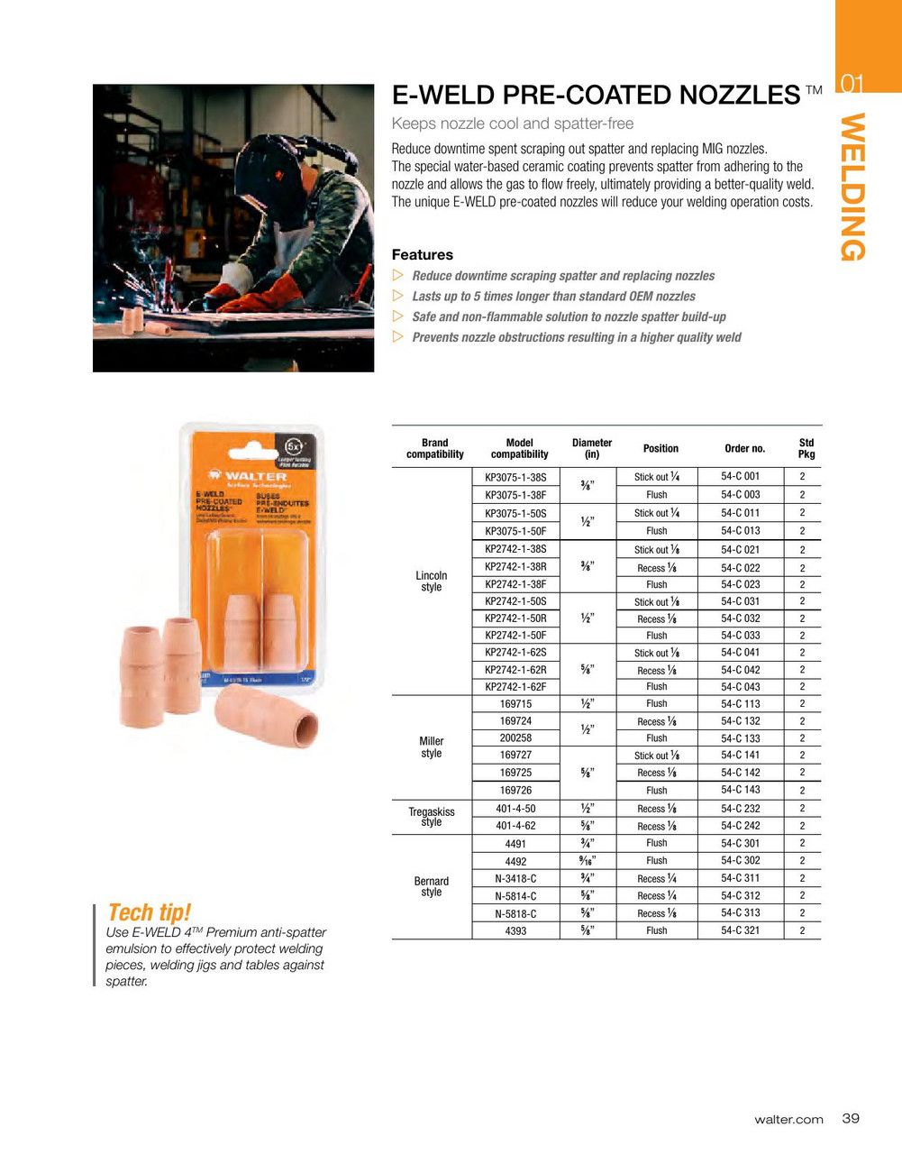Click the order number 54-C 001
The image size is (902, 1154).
pos(740,476)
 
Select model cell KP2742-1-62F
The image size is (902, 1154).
pos(515,686)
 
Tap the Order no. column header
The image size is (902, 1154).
pos(744,448)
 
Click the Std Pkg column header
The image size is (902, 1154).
pos(806,448)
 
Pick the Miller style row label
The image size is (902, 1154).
pos(432,746)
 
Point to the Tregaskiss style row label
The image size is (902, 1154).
pos(432,816)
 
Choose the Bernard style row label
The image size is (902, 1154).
pos(432,886)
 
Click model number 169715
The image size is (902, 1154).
pos(515,703)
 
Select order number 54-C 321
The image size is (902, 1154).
pos(740,930)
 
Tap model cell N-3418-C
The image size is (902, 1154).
pos(515,878)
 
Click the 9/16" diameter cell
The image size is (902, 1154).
pos(588,860)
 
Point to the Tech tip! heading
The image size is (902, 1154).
pos(149,912)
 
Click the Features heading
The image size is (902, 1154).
pos(422,254)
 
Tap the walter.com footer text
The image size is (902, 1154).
pos(788,1120)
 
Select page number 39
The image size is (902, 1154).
pos(851,1118)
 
